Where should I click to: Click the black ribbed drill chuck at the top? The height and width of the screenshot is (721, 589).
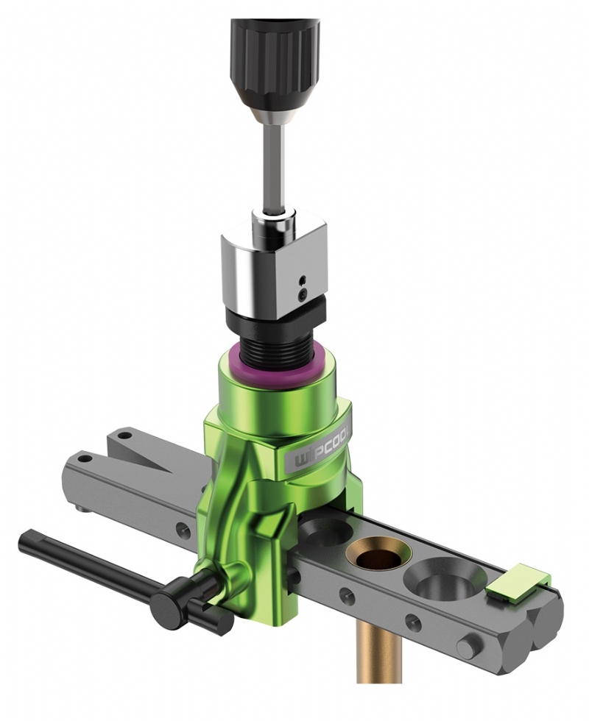[275, 60]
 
